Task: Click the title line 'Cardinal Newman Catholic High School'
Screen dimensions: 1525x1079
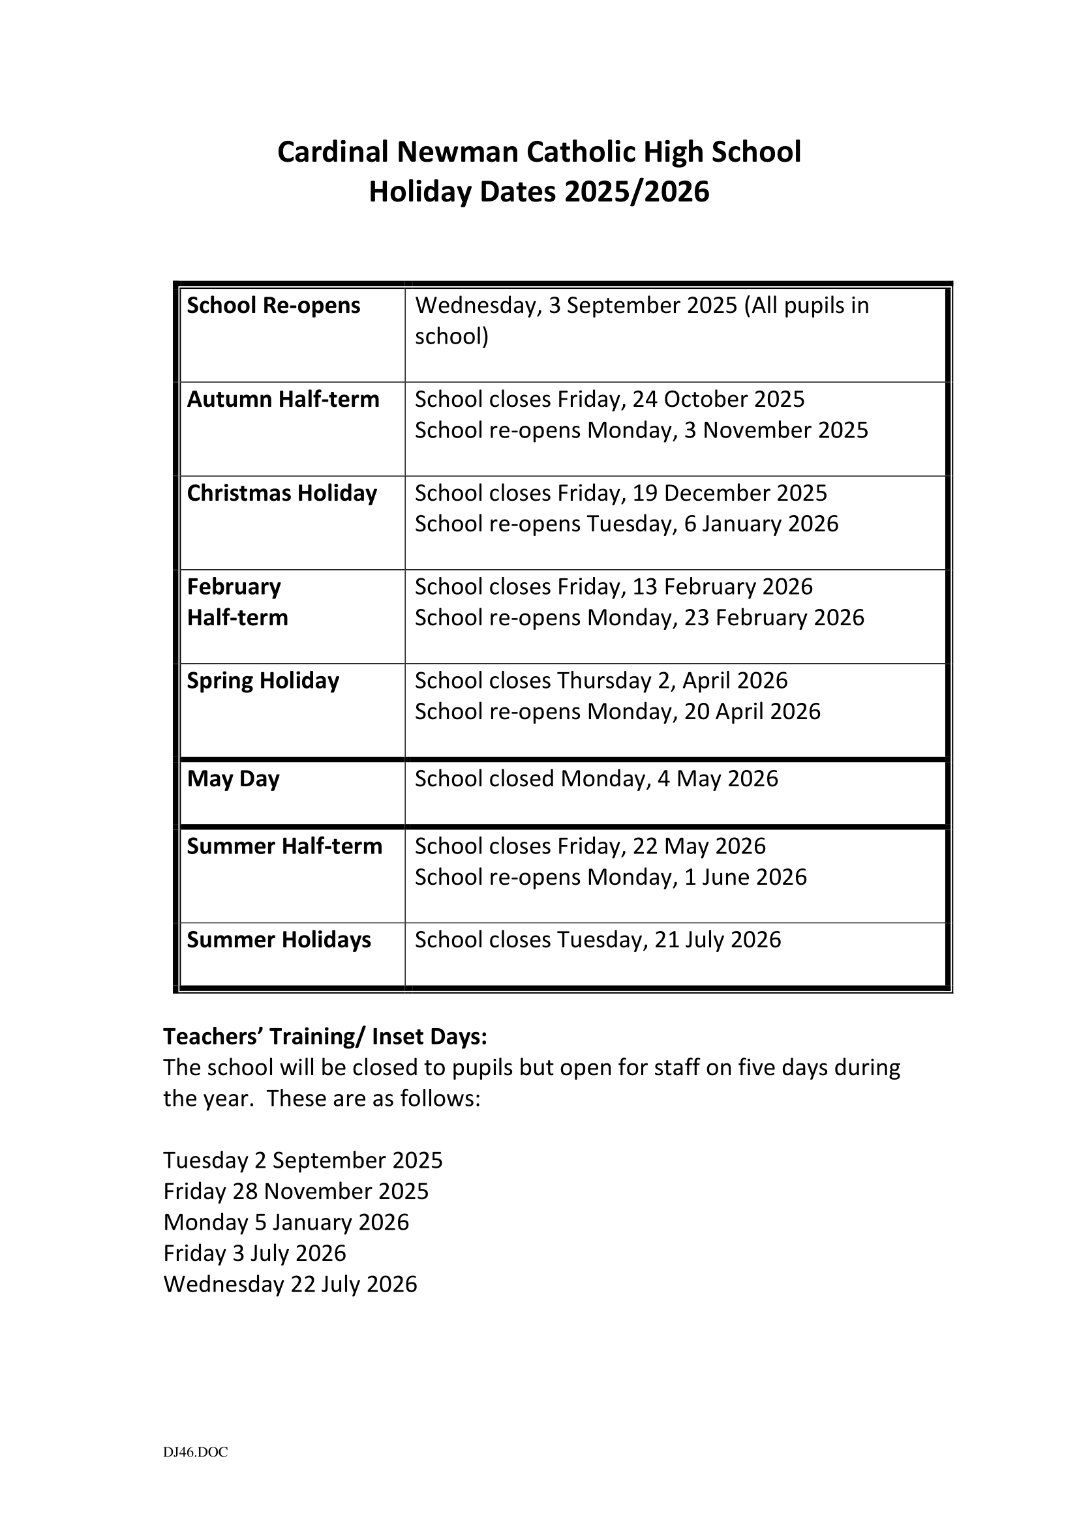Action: point(539,152)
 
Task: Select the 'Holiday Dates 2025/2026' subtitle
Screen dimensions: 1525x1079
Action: point(539,192)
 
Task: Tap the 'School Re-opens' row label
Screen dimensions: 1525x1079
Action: point(273,306)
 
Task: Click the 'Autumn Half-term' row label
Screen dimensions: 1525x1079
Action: point(283,399)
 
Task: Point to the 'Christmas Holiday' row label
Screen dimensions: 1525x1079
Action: point(282,493)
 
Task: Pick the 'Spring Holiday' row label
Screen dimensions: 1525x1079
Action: point(262,681)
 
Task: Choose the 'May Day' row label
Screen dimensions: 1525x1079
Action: point(233,778)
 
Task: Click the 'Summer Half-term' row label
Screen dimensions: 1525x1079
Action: point(284,846)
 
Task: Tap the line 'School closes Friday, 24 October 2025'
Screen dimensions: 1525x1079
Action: point(609,399)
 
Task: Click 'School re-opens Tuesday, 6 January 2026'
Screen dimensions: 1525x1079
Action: point(626,524)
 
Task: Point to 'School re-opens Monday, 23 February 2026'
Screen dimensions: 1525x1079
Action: point(639,617)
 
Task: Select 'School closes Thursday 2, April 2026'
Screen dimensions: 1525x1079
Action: point(601,681)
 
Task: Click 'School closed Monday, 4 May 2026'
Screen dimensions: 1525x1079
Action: point(596,778)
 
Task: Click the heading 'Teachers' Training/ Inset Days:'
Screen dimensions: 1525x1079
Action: point(325,1036)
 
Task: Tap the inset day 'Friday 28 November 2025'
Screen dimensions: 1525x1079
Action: point(296,1191)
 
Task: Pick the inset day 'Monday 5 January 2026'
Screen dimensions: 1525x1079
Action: point(286,1222)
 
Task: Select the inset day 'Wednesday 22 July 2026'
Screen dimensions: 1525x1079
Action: point(290,1284)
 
